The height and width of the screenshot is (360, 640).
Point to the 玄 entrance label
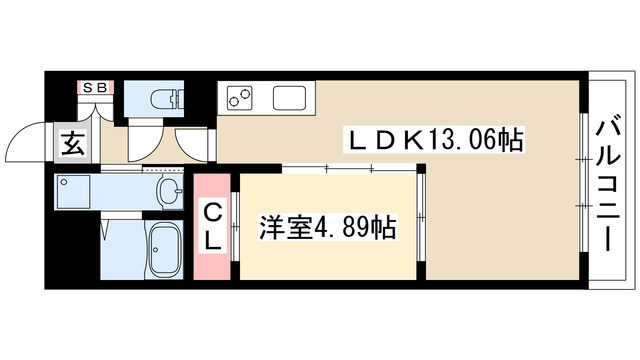click(73, 143)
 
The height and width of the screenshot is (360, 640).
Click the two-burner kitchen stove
click(240, 97)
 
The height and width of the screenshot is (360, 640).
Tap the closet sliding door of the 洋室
click(234, 226)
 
